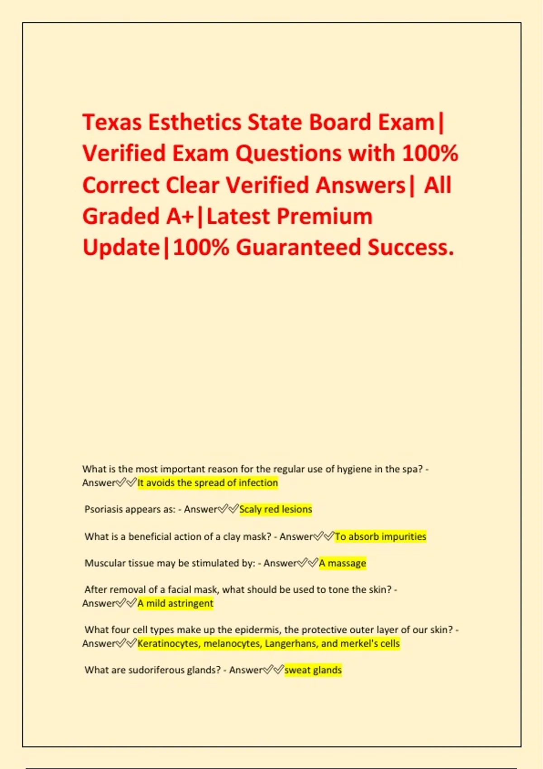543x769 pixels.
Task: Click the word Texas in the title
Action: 112,122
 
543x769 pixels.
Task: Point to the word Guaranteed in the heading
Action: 298,247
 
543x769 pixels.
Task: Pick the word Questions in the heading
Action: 288,153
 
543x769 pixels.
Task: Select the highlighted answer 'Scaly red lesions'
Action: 276,509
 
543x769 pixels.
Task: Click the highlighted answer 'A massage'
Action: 343,563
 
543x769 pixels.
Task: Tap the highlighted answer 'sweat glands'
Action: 313,670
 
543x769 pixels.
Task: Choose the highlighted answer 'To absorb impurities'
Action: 380,536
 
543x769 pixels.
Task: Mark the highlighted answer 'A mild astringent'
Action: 175,603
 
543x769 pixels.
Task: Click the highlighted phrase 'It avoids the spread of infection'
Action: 208,483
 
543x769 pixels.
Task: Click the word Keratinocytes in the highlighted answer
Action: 168,644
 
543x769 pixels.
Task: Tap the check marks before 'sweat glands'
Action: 273,669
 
